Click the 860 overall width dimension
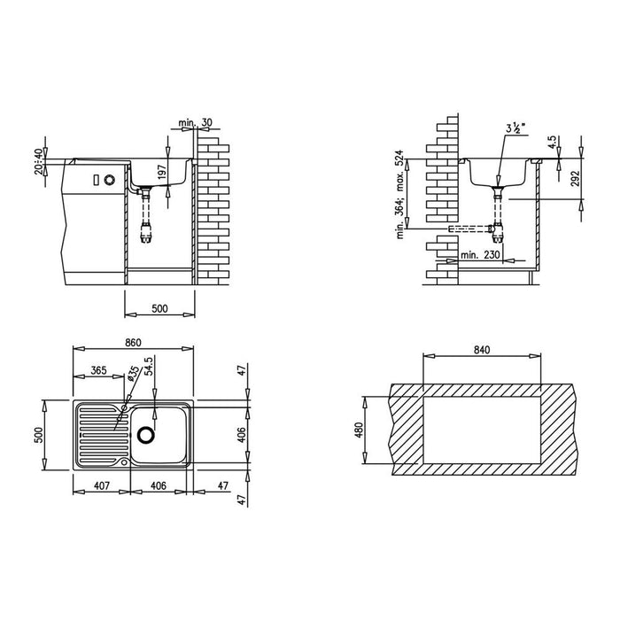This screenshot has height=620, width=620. coord(133,343)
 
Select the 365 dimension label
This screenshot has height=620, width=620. coord(98,370)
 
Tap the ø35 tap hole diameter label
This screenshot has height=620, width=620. coord(134,374)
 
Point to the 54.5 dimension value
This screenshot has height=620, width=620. coord(149,366)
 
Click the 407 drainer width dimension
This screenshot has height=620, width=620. coord(102,485)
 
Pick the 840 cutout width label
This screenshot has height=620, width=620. coord(482,350)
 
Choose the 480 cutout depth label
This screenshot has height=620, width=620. coord(359,430)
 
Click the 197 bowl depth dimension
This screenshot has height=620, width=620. coord(162,172)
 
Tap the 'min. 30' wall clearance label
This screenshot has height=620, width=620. coord(195,122)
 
